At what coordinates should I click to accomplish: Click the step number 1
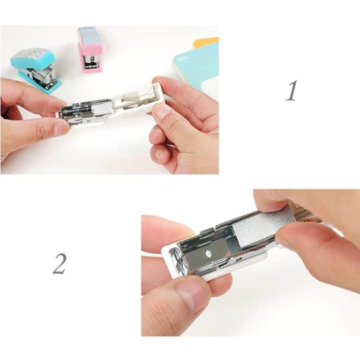(x=292, y=91)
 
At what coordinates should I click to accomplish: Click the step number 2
(x=59, y=263)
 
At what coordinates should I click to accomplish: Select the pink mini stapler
(x=90, y=49)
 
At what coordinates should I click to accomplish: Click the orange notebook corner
(x=206, y=43)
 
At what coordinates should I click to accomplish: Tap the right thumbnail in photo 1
(x=160, y=112)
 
